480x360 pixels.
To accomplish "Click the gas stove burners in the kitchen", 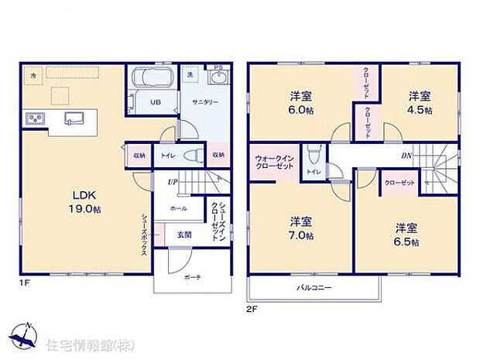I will [36, 118].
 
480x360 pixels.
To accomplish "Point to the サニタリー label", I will [205, 102].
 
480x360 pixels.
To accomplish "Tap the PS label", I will [218, 68].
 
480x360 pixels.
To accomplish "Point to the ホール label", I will [178, 208].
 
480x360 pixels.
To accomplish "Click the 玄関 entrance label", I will [183, 234].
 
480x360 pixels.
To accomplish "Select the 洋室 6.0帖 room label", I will [301, 103].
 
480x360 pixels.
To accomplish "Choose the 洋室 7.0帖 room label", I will [301, 228].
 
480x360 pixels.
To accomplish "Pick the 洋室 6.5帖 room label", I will [406, 235].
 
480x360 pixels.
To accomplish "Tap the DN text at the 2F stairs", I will [407, 156].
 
